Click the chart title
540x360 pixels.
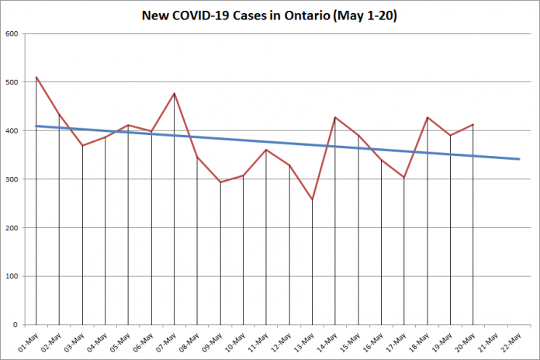click(x=270, y=16)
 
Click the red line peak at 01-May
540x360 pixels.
click(x=36, y=78)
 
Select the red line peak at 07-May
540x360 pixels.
click(x=174, y=93)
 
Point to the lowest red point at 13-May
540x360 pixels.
click(x=312, y=199)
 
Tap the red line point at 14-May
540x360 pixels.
click(x=335, y=117)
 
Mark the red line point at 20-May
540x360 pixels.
click(x=473, y=124)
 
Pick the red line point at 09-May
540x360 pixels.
click(x=220, y=182)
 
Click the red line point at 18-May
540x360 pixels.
click(x=427, y=117)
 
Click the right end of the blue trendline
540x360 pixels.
click(x=519, y=159)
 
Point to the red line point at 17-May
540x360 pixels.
click(x=404, y=178)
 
